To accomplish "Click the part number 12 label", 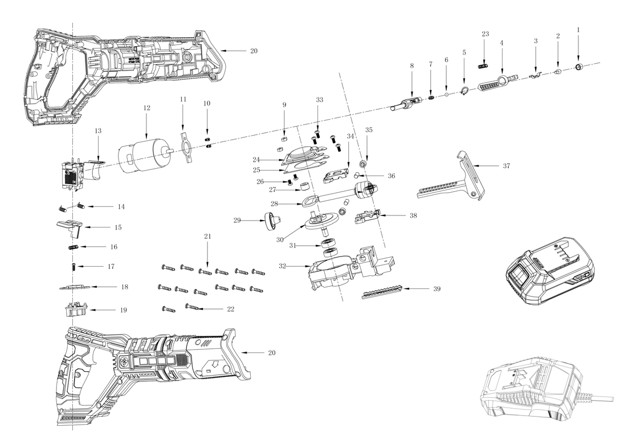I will [x=146, y=107].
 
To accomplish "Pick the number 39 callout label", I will [x=437, y=289].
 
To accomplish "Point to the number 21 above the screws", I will [x=207, y=236].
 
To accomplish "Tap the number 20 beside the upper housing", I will [x=254, y=51].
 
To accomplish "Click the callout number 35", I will [x=369, y=130].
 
